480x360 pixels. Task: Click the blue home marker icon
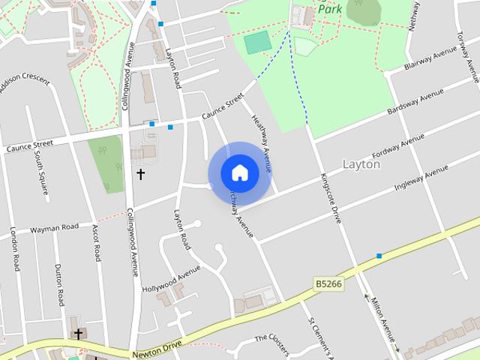coord(240,172)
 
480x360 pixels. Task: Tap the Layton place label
coord(361,163)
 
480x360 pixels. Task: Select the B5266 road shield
coord(328,284)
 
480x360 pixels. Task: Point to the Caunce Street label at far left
coord(30,145)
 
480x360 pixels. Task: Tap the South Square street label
coord(40,173)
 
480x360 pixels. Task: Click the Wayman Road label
coord(54,228)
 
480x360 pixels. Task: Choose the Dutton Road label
coord(59,284)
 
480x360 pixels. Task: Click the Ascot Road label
coord(97,241)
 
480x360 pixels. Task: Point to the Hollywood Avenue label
coord(172,279)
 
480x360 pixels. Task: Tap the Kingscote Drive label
coord(331,197)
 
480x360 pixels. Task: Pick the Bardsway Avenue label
coord(415,103)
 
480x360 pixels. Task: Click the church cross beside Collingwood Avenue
coord(140,174)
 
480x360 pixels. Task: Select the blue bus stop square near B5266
coord(379,256)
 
